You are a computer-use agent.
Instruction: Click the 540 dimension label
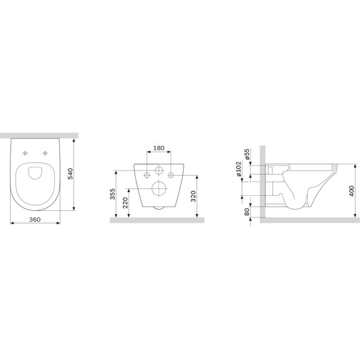coord(70,174)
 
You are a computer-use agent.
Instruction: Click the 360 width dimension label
coord(35,220)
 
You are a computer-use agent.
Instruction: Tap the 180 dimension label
coord(159,148)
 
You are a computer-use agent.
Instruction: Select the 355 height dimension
coord(112,194)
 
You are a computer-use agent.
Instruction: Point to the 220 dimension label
coord(125,203)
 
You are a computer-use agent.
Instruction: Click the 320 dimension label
coord(193,196)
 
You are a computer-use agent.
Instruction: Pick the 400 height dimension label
coord(351,191)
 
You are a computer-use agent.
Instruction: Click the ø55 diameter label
coord(247,154)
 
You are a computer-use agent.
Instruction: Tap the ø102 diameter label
coord(239,169)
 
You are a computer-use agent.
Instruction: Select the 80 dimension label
coord(247,212)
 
